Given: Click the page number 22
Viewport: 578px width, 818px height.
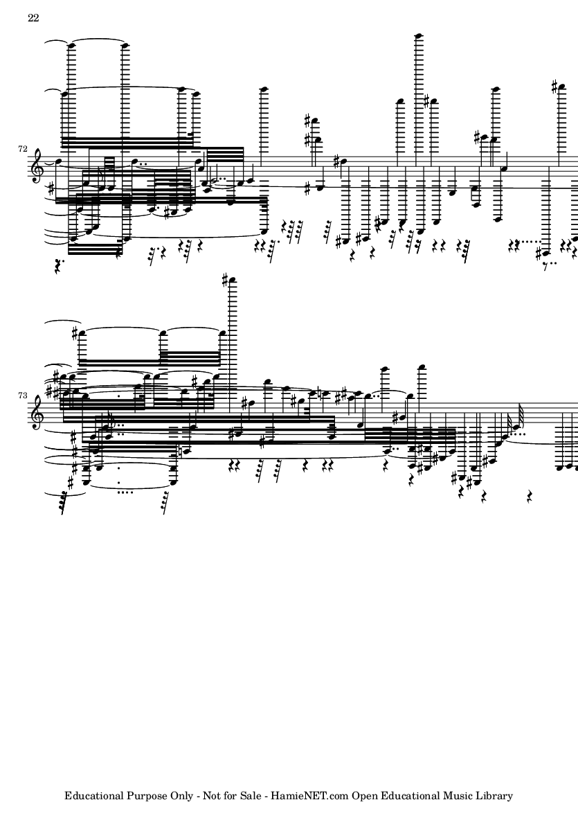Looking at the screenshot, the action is coord(33,18).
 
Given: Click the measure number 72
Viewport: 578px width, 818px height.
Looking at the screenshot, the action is coord(22,149).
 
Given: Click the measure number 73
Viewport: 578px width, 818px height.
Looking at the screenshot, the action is coord(22,395).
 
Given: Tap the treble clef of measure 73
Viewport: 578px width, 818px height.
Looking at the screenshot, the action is coord(37,412).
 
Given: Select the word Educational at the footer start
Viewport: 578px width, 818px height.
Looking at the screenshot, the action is coord(94,796).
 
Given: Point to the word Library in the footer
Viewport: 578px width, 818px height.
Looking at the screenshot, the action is coord(494,797).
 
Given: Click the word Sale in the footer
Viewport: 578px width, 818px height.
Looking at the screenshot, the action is coord(251,796).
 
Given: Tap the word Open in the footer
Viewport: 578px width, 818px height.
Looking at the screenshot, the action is coord(364,797).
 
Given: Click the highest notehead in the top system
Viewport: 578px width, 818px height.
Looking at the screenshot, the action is coord(417,36).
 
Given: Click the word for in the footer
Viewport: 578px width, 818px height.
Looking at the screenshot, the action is coord(231,796).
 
